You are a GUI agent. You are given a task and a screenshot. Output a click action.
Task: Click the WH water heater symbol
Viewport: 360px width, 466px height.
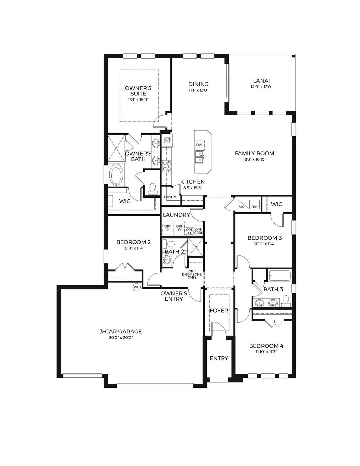point(136,287)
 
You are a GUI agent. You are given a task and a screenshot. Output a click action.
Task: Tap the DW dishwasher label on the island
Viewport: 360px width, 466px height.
point(199,145)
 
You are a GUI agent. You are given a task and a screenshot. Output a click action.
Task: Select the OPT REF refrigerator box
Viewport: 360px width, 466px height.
point(168,140)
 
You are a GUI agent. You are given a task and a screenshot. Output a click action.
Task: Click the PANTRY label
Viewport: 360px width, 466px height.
point(170,197)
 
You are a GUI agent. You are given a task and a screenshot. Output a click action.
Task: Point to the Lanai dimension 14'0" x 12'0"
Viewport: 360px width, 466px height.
point(261,87)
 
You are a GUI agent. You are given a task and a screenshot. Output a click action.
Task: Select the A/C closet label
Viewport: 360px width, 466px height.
point(241,206)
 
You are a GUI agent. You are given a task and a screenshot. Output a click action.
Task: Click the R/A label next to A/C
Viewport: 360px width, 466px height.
point(254,206)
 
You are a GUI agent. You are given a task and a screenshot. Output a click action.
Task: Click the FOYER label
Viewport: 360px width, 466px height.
point(219,311)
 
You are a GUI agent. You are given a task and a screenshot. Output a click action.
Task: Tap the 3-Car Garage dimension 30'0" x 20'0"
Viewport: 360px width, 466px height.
point(121,338)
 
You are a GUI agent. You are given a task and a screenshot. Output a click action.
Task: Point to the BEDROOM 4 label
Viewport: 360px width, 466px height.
point(264,346)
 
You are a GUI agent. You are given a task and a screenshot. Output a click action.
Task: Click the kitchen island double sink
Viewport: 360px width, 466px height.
point(199,157)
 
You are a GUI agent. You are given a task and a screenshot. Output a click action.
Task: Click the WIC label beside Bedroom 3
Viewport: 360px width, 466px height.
point(277,204)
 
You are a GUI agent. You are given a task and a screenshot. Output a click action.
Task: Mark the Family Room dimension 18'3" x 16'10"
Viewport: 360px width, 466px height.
point(255,159)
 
